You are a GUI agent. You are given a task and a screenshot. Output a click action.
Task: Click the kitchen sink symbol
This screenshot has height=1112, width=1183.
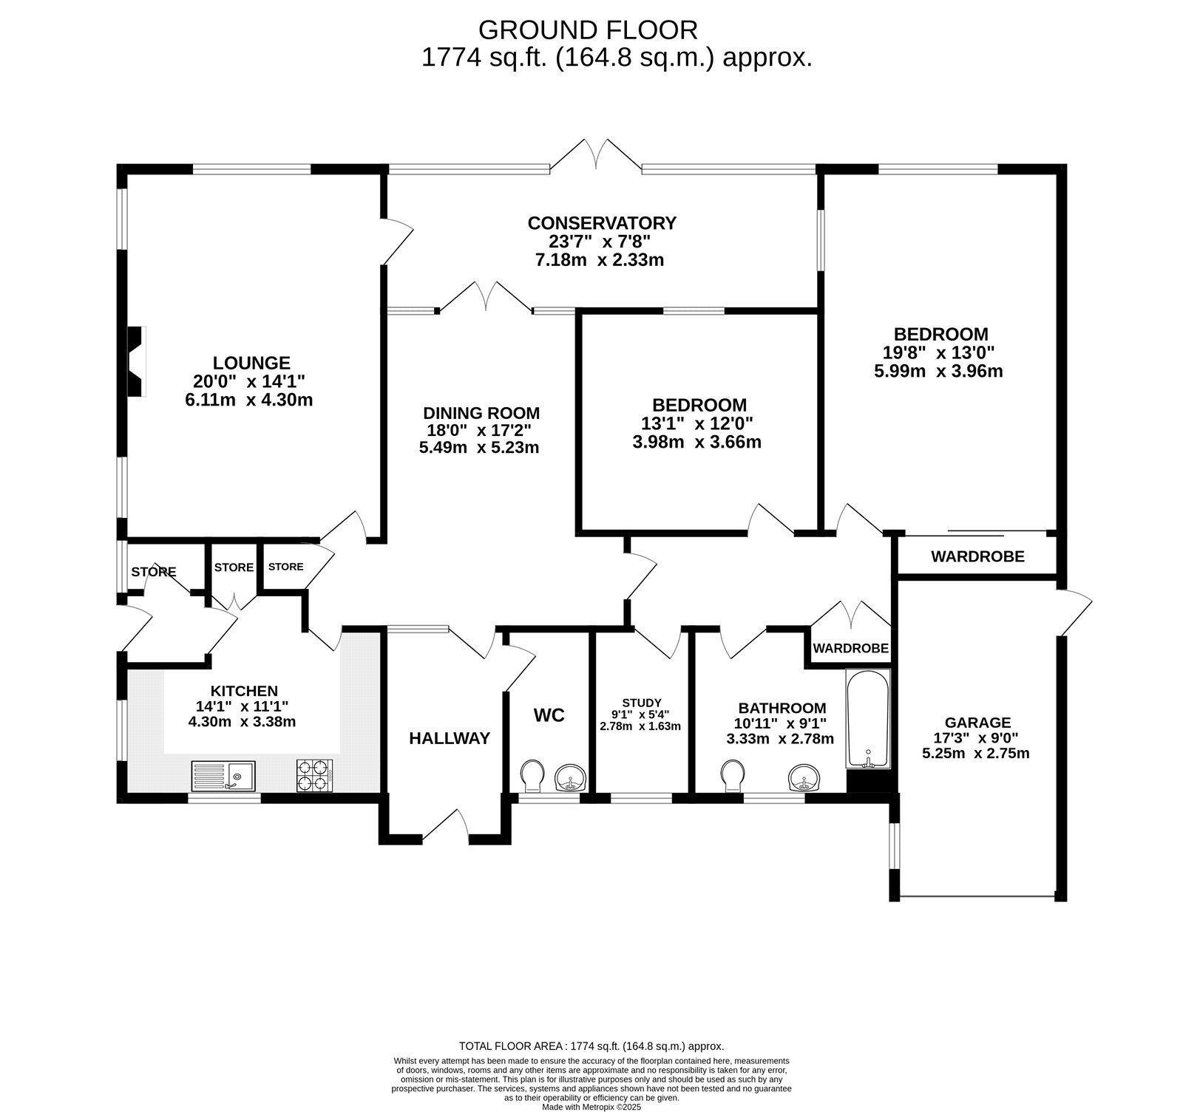click(223, 776)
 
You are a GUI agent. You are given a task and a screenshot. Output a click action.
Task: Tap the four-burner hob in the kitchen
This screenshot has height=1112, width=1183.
click(314, 776)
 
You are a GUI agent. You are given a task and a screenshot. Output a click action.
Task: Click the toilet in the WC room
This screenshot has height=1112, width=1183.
click(532, 777)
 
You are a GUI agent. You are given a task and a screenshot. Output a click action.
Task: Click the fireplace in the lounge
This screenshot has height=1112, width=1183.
click(136, 362)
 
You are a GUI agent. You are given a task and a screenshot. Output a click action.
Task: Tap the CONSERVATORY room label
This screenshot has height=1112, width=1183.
click(601, 222)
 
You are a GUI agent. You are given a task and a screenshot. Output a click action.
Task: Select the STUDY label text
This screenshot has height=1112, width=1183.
click(641, 702)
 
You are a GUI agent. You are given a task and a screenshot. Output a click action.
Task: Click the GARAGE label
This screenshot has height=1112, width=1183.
click(977, 722)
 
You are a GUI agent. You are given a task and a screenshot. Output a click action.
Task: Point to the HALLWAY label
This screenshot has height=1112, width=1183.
click(450, 737)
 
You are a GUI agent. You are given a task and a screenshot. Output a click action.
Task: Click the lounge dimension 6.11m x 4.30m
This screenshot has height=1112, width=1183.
click(249, 400)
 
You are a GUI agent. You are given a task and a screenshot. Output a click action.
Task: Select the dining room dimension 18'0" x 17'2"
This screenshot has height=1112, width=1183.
click(481, 430)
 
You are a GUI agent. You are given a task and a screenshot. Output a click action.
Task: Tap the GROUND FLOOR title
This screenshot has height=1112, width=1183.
click(588, 30)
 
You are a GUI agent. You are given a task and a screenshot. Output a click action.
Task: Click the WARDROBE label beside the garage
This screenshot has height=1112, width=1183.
click(977, 556)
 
